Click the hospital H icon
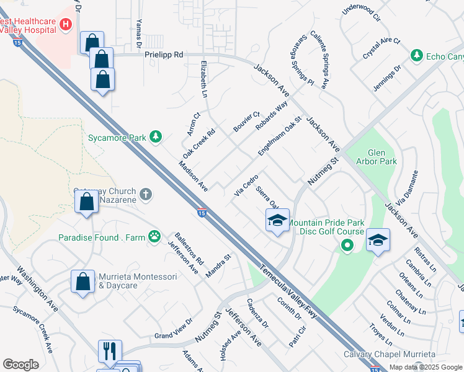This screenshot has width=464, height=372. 66,25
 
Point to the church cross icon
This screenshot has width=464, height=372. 146,195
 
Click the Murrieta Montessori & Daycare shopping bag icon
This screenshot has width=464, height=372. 83,281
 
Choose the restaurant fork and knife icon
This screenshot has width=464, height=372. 110,351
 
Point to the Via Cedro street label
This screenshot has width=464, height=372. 246,185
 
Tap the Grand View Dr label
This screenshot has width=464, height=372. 174,330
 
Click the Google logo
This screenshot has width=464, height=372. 20,365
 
